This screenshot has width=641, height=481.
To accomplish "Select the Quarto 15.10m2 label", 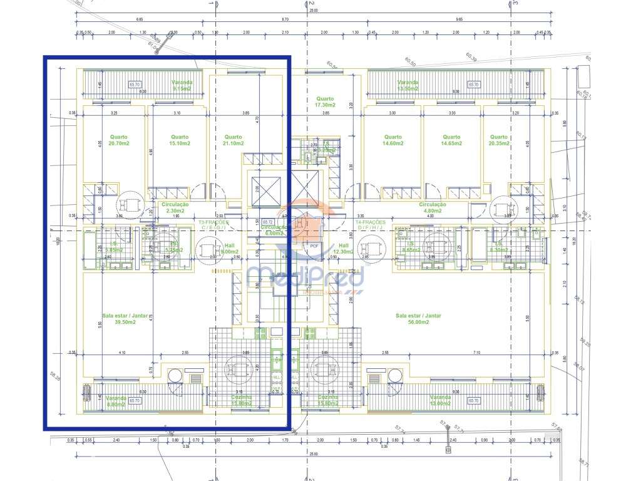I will pyautogui.click(x=180, y=140).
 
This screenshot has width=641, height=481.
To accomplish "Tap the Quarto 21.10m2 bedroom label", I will pyautogui.click(x=233, y=140).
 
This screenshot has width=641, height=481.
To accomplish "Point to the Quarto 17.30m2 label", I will pyautogui.click(x=326, y=102).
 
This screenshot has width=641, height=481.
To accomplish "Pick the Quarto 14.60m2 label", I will pyautogui.click(x=393, y=140).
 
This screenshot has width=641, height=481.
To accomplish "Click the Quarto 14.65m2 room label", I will pyautogui.click(x=451, y=140).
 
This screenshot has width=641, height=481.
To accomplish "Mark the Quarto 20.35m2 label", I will pyautogui.click(x=499, y=140).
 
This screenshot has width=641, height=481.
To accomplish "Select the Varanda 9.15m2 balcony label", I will pyautogui.click(x=182, y=85).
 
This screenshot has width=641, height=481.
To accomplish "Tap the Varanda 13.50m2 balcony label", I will pyautogui.click(x=408, y=85).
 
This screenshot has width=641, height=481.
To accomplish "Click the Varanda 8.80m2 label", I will pyautogui.click(x=116, y=401).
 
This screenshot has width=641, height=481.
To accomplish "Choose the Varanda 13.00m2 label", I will pyautogui.click(x=441, y=401).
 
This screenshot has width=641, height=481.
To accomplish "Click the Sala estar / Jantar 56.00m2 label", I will pyautogui.click(x=419, y=319).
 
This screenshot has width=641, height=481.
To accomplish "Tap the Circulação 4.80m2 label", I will pyautogui.click(x=433, y=207).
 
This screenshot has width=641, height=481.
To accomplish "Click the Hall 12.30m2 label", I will pyautogui.click(x=344, y=249).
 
